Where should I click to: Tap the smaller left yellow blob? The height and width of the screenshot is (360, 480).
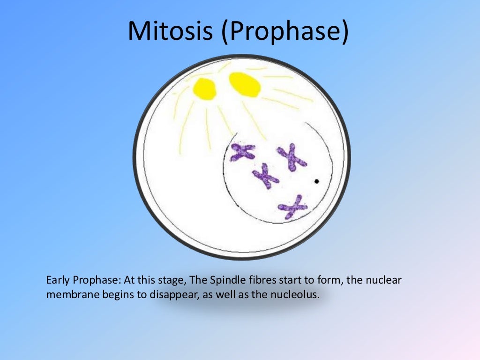205,89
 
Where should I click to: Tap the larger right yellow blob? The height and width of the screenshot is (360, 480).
245,84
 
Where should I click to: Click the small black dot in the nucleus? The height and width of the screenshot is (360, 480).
317,180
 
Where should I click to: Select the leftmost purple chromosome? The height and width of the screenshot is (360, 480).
243,152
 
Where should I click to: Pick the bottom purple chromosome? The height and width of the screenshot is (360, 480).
292,207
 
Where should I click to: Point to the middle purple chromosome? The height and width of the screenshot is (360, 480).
266,176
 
